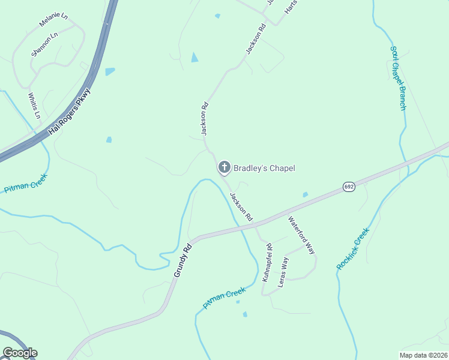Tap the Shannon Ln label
[44, 44]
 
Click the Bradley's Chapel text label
[264, 168]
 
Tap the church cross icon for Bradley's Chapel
[224, 167]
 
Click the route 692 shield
[349, 187]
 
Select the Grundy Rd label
[182, 260]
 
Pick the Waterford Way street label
[301, 235]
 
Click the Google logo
[20, 353]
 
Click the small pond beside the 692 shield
[306, 194]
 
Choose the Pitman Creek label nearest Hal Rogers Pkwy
[25, 182]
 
